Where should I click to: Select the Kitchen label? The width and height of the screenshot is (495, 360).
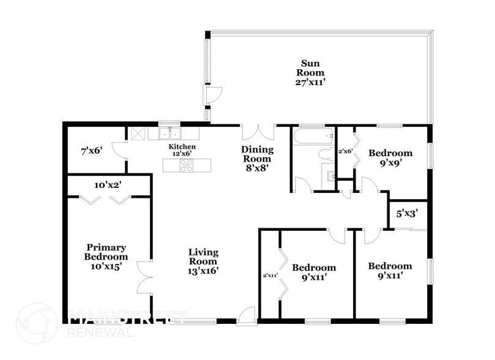[182, 147]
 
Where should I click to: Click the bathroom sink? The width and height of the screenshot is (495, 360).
[330, 178]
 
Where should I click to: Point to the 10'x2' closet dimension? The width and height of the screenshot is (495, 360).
[108, 184]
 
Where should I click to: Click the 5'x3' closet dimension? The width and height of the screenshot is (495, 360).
[408, 214]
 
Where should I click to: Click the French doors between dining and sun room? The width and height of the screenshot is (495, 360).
[258, 133]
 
